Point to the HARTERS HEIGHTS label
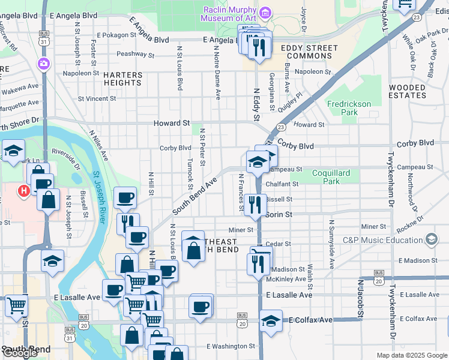click(x=122, y=79)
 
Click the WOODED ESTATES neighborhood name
click(x=407, y=91)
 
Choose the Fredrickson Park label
click(x=349, y=108)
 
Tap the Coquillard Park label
click(x=331, y=177)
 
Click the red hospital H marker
click(x=24, y=191)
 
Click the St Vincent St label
click(x=97, y=98)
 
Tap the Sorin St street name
click(x=279, y=214)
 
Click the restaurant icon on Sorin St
click(x=255, y=204)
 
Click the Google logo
click(x=20, y=353)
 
